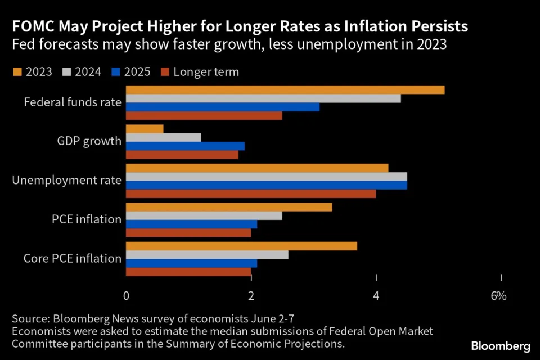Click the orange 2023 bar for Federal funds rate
pos(285,90)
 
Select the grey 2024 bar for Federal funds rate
pos(263,98)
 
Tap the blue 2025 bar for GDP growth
pos(185,146)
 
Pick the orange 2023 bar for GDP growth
pos(145,129)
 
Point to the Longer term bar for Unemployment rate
pos(251,193)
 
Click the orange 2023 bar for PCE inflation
pos(229,207)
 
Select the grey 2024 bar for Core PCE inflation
pos(207,255)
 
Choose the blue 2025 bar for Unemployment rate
pos(266,185)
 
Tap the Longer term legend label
pos(206,71)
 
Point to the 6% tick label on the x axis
pos(498,296)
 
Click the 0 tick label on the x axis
pos(126,296)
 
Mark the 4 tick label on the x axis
pos(376,296)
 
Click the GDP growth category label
pos(89,141)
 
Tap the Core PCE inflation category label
pos(73,259)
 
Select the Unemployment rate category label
pos(67,180)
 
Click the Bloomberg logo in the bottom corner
pos(501,345)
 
